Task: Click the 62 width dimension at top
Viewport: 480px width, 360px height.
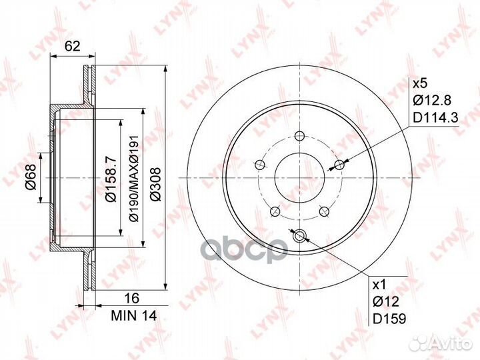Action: click(73, 46)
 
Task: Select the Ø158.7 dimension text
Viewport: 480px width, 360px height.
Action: click(111, 179)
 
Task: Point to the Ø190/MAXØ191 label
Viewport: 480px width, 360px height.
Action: click(135, 178)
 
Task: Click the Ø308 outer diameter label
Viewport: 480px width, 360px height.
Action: click(155, 184)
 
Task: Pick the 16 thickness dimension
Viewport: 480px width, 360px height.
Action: click(132, 298)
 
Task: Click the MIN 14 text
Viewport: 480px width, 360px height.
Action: click(134, 315)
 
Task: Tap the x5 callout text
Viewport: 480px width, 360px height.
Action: click(420, 83)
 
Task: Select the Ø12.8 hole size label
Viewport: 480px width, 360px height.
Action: click(431, 100)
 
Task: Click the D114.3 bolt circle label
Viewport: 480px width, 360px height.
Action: click(435, 117)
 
